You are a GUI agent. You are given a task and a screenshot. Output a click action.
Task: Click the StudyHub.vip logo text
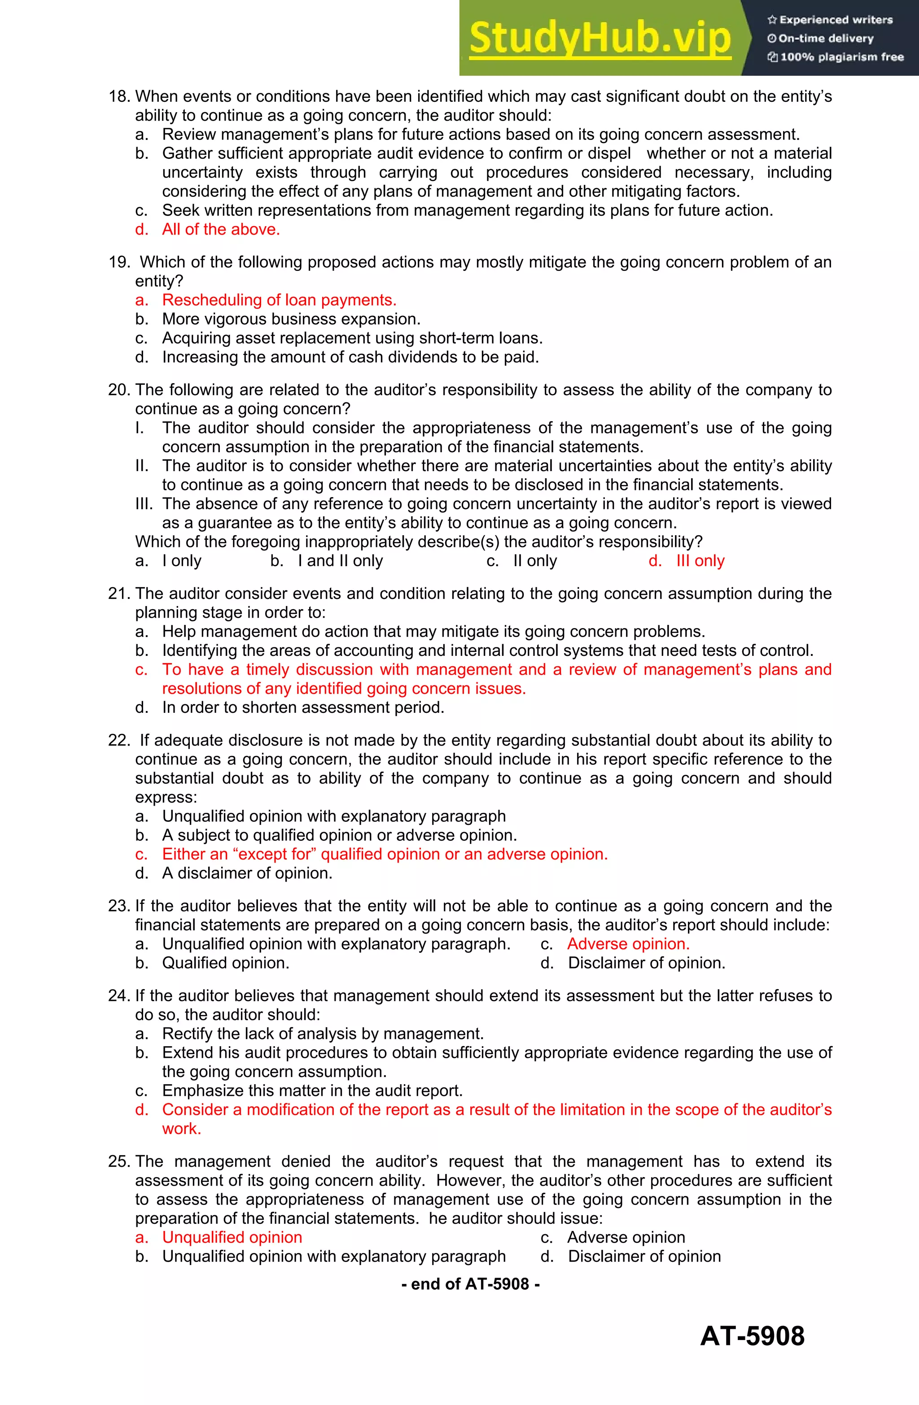tap(600, 38)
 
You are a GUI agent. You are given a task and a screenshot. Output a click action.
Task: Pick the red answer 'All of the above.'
tap(220, 229)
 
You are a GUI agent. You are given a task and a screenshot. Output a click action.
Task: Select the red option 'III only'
tap(700, 561)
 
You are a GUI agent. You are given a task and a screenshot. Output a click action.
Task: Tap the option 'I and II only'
tap(340, 561)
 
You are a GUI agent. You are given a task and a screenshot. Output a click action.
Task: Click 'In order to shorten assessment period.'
tap(302, 707)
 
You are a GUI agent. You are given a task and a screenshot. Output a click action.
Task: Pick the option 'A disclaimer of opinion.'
tap(247, 873)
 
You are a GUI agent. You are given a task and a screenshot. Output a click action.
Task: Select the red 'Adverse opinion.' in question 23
tap(628, 944)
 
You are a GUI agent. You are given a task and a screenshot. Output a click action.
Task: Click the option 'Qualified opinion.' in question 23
tap(226, 963)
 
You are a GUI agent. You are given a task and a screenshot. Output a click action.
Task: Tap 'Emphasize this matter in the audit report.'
tap(312, 1091)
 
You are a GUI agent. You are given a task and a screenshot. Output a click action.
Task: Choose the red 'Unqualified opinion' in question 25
tap(232, 1237)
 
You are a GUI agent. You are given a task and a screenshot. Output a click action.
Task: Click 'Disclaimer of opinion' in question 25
tap(644, 1256)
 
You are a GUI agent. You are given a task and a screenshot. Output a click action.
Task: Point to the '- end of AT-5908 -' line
tap(470, 1284)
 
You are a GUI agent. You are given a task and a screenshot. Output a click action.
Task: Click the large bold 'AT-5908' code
tap(752, 1336)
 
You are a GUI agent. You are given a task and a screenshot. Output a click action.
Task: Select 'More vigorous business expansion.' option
tap(291, 319)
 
